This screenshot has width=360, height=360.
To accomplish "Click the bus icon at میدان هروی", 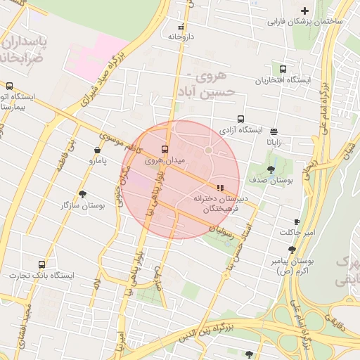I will [165, 149].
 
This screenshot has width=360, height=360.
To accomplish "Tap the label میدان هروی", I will [165, 160].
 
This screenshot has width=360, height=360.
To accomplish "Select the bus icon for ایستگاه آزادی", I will [241, 119].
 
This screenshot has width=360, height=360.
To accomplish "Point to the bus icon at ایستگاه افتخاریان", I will [283, 70].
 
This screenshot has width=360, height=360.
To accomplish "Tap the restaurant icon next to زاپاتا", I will [274, 131].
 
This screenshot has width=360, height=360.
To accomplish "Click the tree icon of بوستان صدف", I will [271, 169].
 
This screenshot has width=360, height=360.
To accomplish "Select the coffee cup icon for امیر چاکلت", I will [297, 221].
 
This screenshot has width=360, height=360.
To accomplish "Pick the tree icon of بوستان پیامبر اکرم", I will [292, 249].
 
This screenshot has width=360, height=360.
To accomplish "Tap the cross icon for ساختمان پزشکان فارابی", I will [304, 11].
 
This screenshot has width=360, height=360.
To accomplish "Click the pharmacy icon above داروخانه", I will [181, 26].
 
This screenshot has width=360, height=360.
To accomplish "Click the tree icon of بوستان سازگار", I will [83, 194].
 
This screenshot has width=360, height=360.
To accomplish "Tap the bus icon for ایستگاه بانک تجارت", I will [41, 264].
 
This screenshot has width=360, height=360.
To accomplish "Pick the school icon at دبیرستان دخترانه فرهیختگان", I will [220, 188].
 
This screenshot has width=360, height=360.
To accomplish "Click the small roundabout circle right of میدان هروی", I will [208, 150].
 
